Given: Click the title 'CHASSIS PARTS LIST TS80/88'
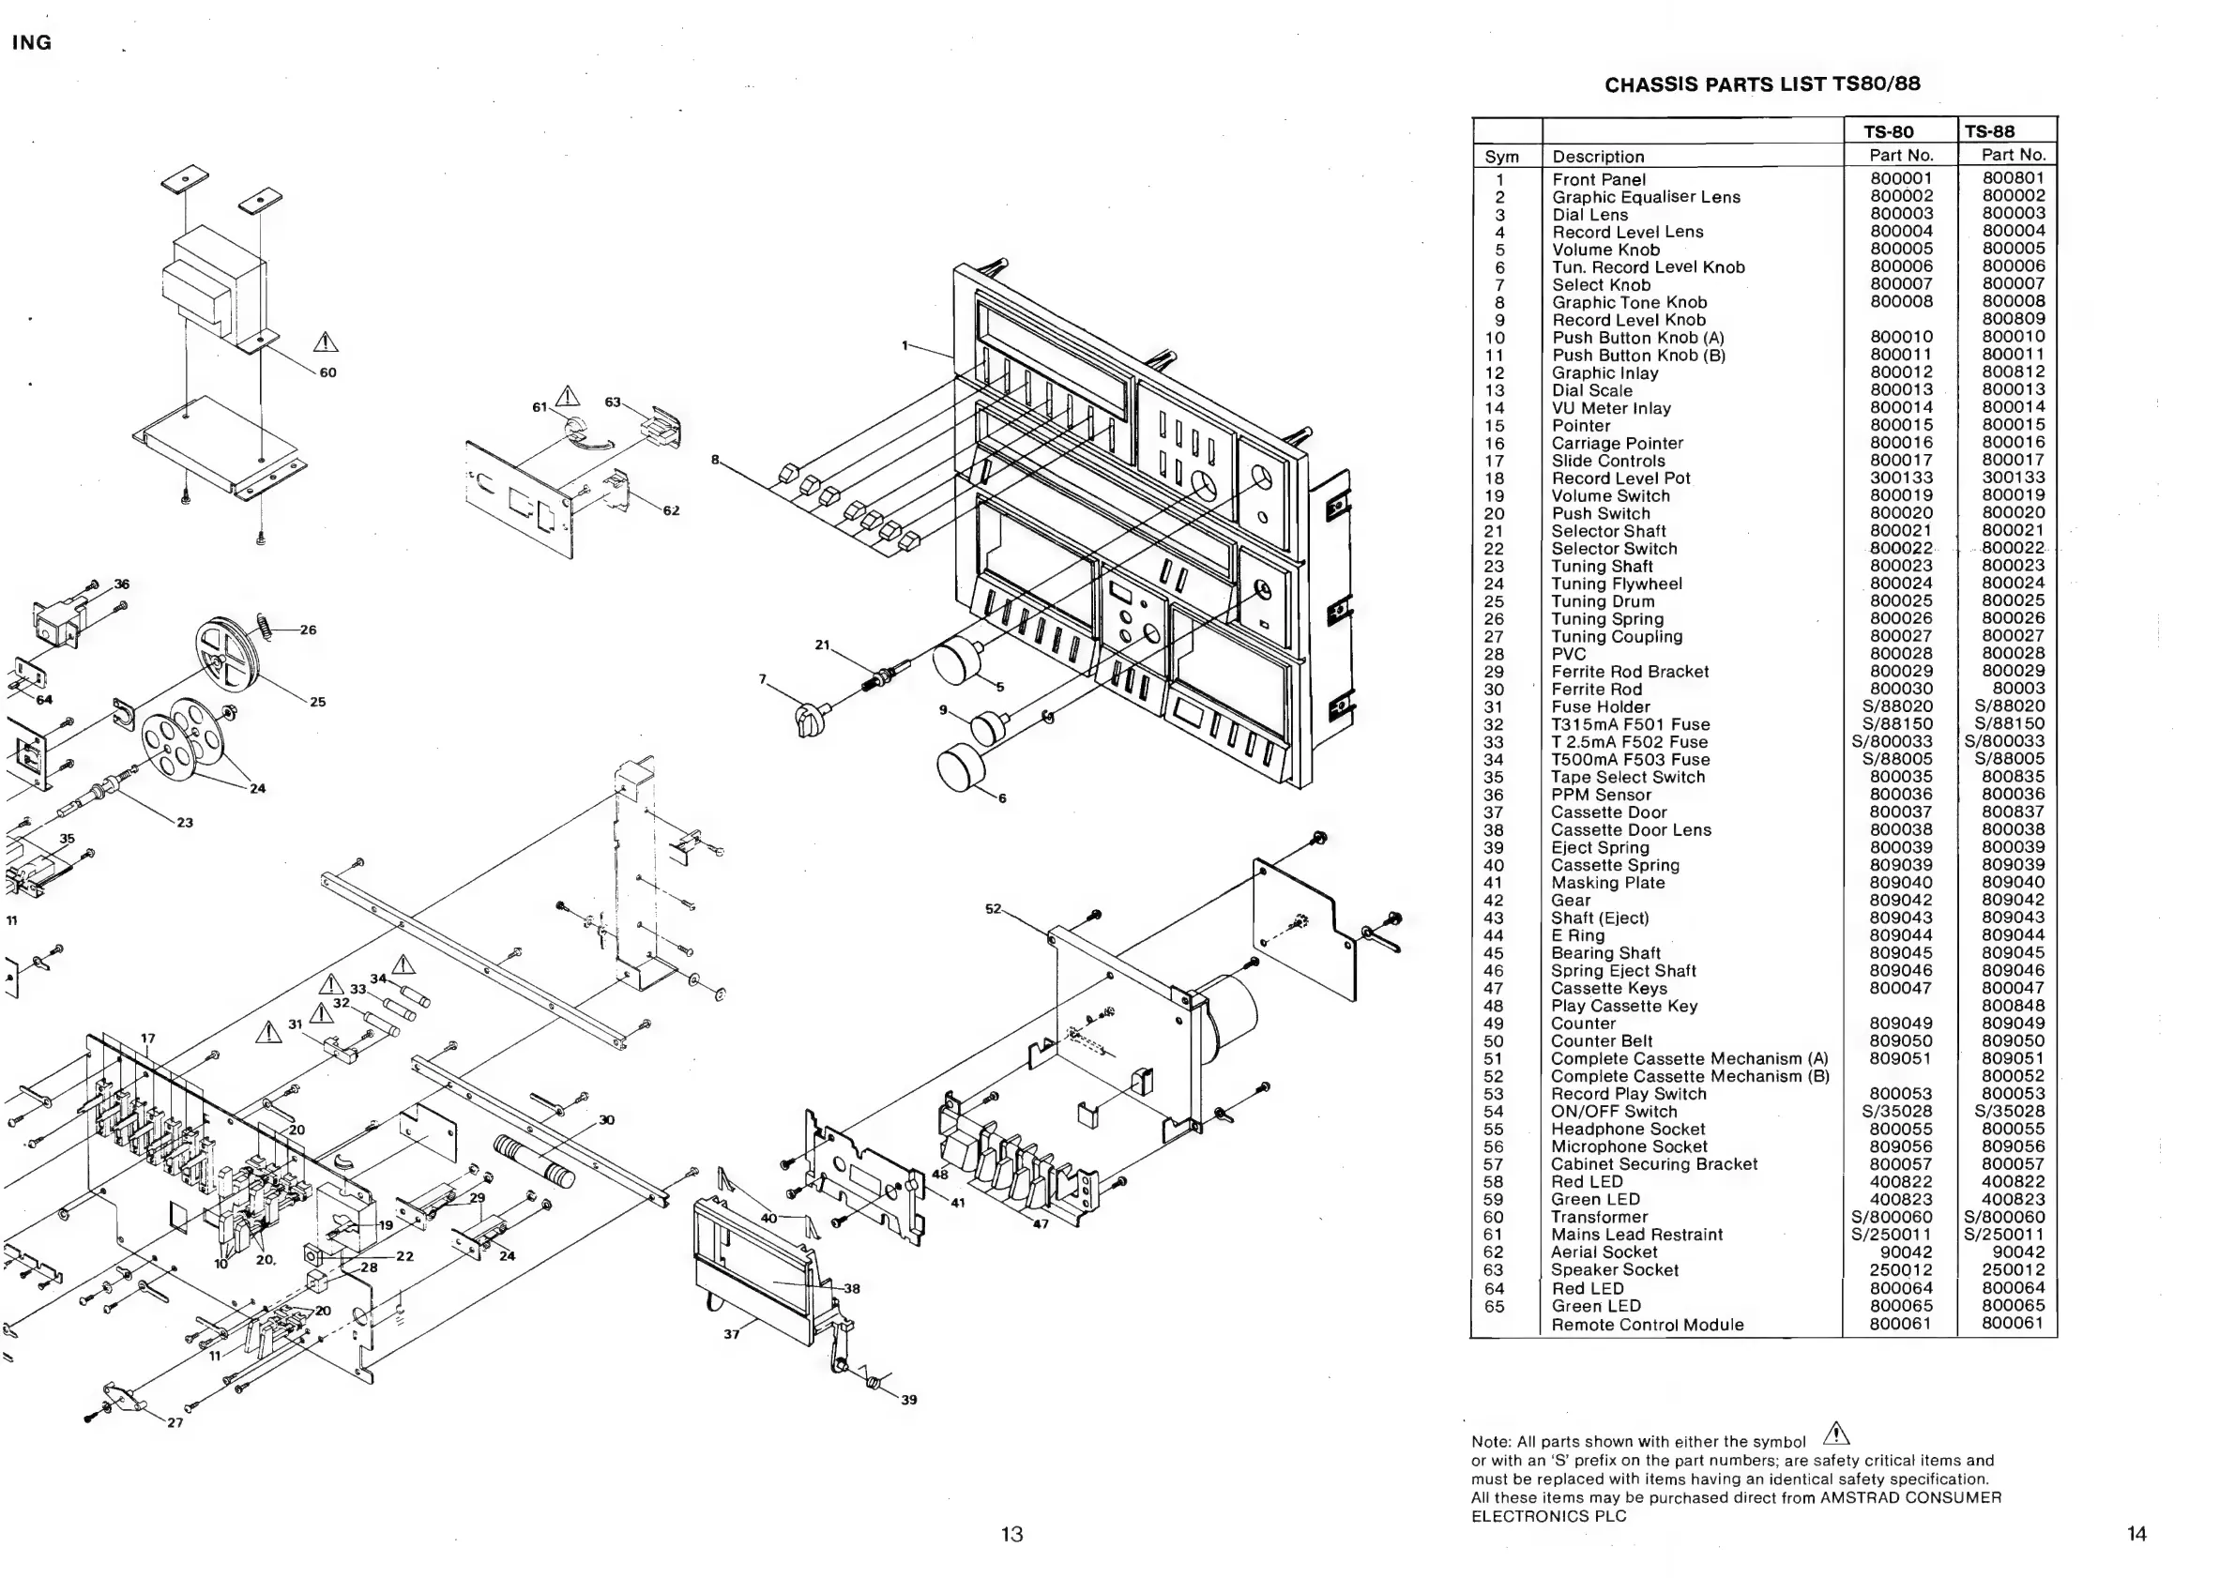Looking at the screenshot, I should (1762, 84).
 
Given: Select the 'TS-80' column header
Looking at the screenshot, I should (1889, 132).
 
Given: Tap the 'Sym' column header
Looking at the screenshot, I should (1501, 157).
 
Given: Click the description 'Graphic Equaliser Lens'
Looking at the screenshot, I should (1646, 198).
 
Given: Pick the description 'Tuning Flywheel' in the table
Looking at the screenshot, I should (1616, 584).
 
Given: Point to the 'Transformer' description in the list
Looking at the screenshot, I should (1600, 1218).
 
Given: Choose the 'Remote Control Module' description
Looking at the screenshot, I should (1647, 1325).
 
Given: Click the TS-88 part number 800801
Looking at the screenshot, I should (2013, 178).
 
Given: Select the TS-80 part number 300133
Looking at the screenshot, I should (1901, 478).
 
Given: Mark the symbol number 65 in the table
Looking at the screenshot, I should (1494, 1307).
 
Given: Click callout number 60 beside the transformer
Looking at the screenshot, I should (328, 372).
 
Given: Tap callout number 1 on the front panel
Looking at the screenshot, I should (905, 344).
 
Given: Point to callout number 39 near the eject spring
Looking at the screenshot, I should (908, 1400).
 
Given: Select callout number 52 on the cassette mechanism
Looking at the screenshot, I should (993, 908).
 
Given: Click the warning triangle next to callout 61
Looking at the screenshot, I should (567, 396).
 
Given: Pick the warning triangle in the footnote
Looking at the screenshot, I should (1836, 1434).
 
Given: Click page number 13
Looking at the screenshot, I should (1011, 1534).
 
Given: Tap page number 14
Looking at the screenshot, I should (2136, 1534).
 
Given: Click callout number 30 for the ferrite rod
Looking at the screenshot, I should (606, 1120).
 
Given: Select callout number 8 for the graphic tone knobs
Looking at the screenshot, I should (714, 460).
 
